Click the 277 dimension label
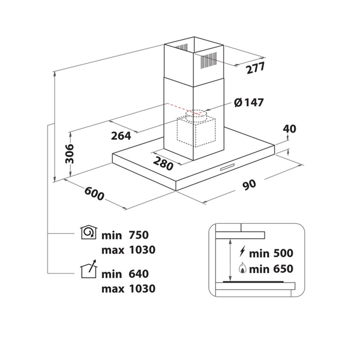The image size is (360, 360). click(256, 68)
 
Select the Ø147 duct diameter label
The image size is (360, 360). click(249, 103)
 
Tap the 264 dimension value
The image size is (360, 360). click(121, 136)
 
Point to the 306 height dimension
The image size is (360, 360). click(70, 154)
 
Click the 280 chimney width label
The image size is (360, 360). click(163, 163)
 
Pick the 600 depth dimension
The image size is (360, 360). click(94, 194)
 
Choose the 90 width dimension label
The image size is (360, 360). click(250, 185)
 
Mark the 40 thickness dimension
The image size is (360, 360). click(289, 129)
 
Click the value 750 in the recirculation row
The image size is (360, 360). click(139, 235)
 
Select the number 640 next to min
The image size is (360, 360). click(139, 274)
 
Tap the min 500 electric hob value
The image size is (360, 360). click(271, 253)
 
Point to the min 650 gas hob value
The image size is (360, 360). click(271, 269)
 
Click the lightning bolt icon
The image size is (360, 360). click(242, 251)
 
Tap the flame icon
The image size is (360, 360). click(242, 268)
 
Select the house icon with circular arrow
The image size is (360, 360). click(89, 232)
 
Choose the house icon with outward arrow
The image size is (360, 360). click(89, 269)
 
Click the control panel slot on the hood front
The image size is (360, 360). click(227, 167)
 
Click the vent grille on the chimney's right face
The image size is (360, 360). click(209, 60)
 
